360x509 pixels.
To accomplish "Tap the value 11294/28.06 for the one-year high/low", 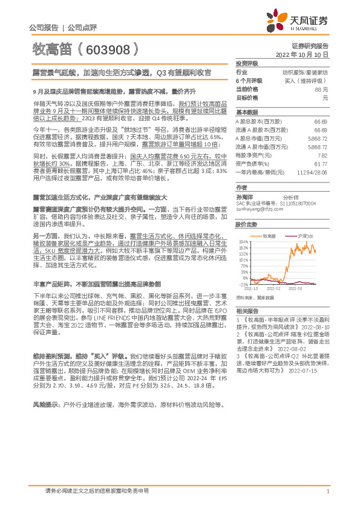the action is (313, 172).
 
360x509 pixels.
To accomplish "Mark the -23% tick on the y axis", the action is (244, 283).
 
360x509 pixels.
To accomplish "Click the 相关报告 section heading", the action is (246, 308).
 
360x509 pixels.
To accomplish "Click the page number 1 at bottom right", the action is (327, 491).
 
